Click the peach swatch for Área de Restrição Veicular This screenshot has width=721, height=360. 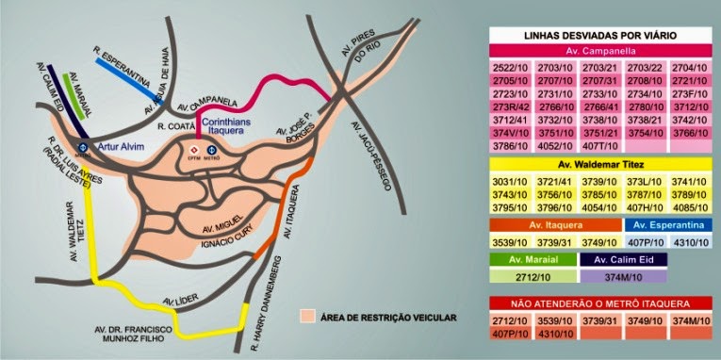tap(305, 317)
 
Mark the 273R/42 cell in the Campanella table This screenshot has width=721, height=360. tap(510, 107)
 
